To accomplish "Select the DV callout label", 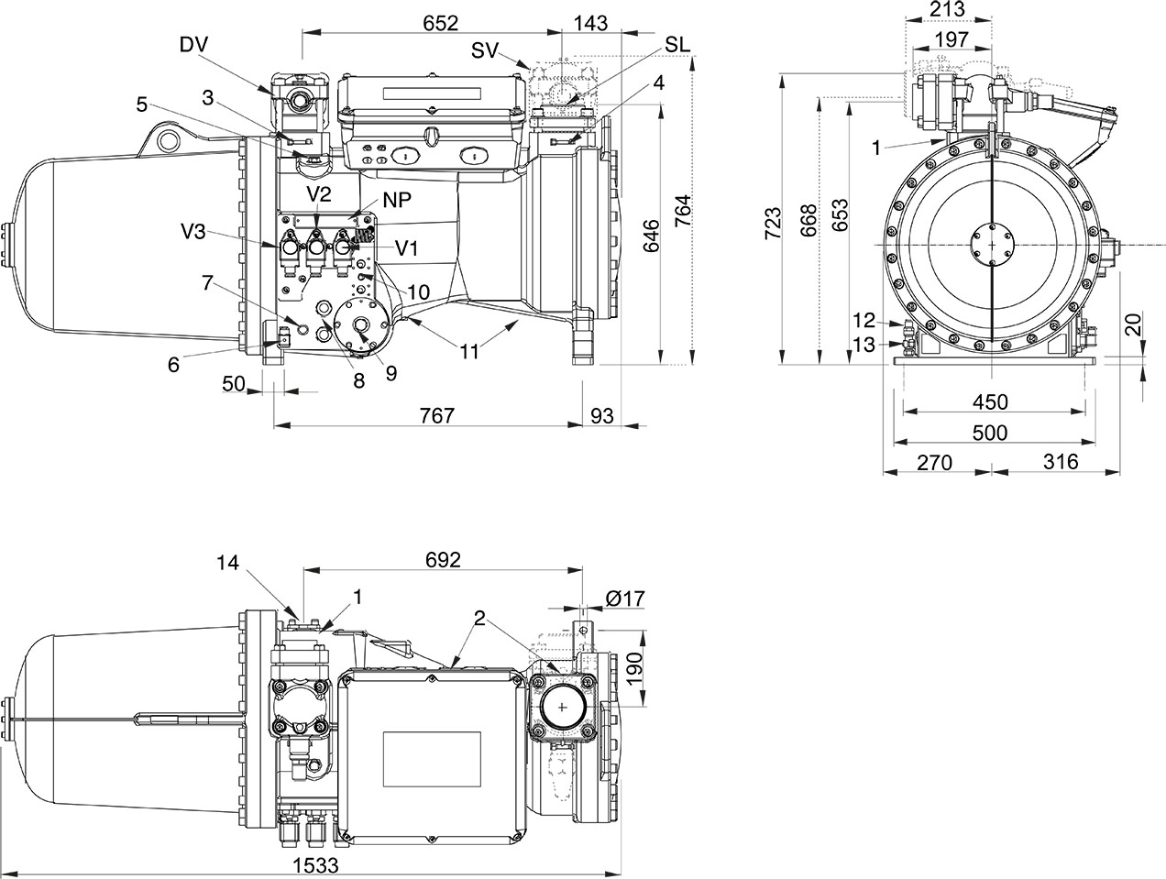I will click(194, 43).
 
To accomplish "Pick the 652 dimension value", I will click(441, 24).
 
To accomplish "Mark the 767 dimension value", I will click(437, 416).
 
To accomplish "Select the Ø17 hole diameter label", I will click(625, 599).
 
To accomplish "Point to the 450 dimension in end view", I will click(990, 401).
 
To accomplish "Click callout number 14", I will click(230, 564).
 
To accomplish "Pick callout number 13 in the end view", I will click(863, 344).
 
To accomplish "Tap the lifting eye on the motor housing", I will click(166, 140).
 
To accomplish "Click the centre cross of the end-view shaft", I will click(991, 245).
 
